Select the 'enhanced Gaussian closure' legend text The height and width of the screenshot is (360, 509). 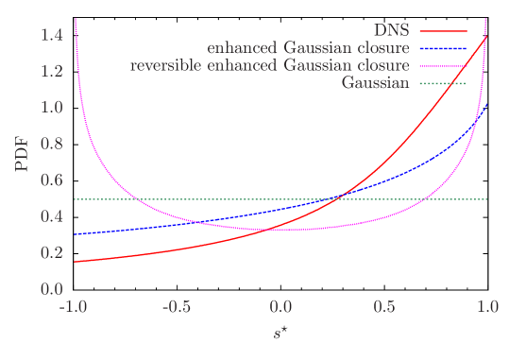point(308,47)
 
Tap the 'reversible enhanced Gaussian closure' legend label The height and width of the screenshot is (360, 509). point(269,65)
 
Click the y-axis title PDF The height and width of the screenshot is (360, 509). point(23,153)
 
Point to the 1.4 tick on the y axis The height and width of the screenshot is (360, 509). point(52,35)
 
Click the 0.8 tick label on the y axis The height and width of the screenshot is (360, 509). point(52,144)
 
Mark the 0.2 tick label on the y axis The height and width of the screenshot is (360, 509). point(52,252)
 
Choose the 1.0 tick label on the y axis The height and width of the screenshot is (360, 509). point(52,108)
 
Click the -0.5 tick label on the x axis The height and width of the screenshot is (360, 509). point(177,307)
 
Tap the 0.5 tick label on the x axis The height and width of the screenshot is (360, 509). point(384,307)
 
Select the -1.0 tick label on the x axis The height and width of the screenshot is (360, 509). point(73,307)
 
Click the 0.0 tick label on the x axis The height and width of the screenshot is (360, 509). point(280,307)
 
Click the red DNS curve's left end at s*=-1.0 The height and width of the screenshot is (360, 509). point(75,262)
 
